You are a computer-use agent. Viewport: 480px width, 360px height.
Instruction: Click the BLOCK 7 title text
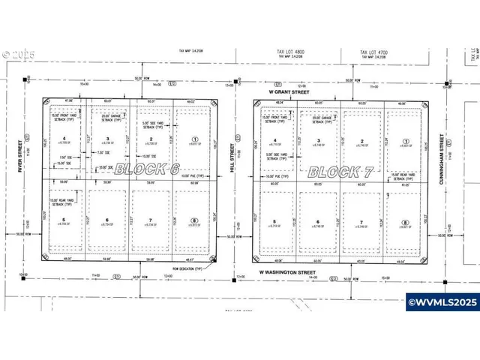pyautogui.click(x=341, y=171)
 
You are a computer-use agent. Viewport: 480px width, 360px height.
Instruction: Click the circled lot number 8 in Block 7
pyautogui.click(x=405, y=223)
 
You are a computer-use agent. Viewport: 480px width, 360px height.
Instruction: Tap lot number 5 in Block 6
pyautogui.click(x=64, y=219)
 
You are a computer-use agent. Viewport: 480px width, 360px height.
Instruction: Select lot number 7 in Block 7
pyautogui.click(x=362, y=223)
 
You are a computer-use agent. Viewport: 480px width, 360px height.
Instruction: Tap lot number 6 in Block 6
pyautogui.click(x=108, y=219)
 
